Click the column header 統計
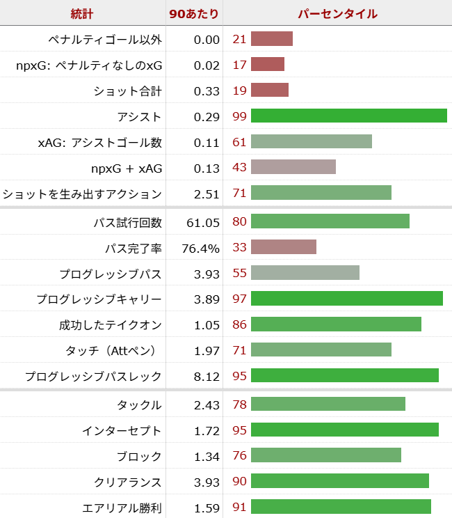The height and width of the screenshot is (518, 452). tap(82, 13)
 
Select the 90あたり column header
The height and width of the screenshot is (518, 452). tap(194, 13)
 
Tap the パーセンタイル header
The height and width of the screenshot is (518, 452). tap(338, 13)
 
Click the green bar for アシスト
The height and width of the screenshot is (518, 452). tap(348, 116)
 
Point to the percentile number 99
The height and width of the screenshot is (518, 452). tap(239, 116)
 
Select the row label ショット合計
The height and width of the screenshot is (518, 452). tap(128, 91)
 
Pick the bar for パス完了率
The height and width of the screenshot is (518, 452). tap(284, 248)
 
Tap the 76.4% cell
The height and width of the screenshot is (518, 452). tap(200, 248)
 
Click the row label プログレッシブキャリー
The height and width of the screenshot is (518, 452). tap(99, 299)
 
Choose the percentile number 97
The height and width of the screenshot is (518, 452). tap(239, 299)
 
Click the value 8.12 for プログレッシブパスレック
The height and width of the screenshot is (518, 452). tap(206, 377)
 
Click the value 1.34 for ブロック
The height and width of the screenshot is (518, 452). tap(206, 457)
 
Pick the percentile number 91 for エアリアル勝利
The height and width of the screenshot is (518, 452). tap(239, 508)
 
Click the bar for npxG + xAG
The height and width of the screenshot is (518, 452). tap(293, 168)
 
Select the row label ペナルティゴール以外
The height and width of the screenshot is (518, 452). tap(105, 39)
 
